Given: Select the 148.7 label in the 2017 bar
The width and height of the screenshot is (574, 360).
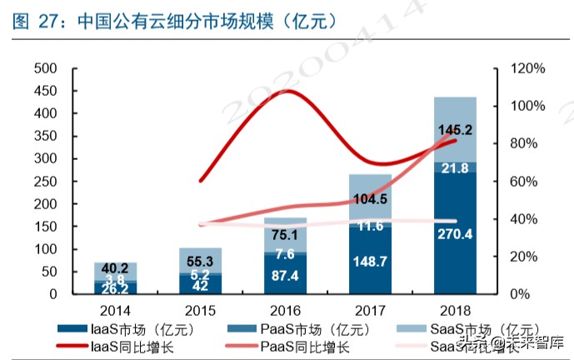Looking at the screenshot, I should tap(369, 262).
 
